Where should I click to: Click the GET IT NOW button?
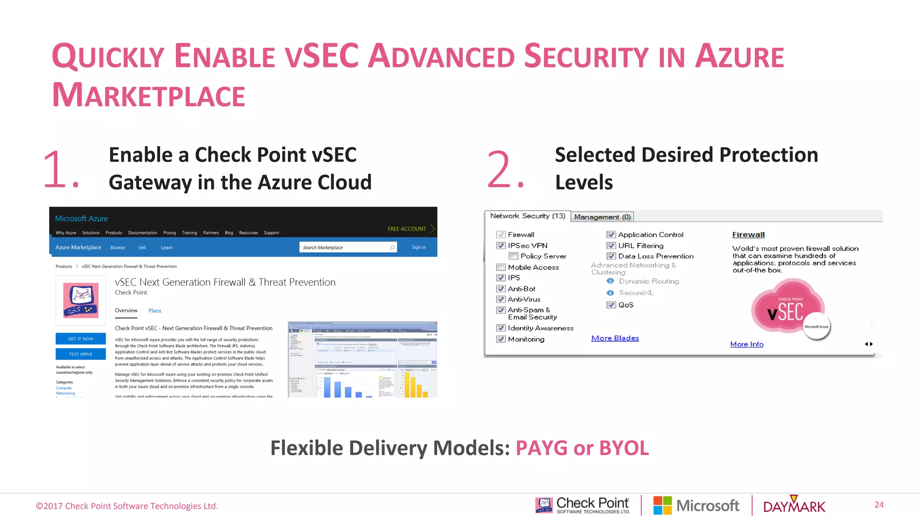coord(81,339)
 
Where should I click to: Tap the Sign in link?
coord(419,247)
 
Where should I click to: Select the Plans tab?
coord(155,311)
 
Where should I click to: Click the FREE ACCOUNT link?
coord(407,229)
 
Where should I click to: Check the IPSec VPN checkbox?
coord(501,245)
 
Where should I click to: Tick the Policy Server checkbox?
coord(513,256)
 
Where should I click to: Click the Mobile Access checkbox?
coord(501,267)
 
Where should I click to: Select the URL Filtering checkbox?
coord(611,245)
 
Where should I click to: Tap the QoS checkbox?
coord(611,305)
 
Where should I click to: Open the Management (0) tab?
coord(602,217)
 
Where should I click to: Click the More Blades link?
coord(615,338)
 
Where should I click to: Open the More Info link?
coord(747,344)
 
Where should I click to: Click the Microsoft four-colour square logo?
coord(662,506)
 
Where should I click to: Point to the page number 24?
coord(879,505)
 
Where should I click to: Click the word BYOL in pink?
coord(624,448)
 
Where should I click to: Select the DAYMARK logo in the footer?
coord(794,506)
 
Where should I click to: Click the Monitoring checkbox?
coord(501,339)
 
